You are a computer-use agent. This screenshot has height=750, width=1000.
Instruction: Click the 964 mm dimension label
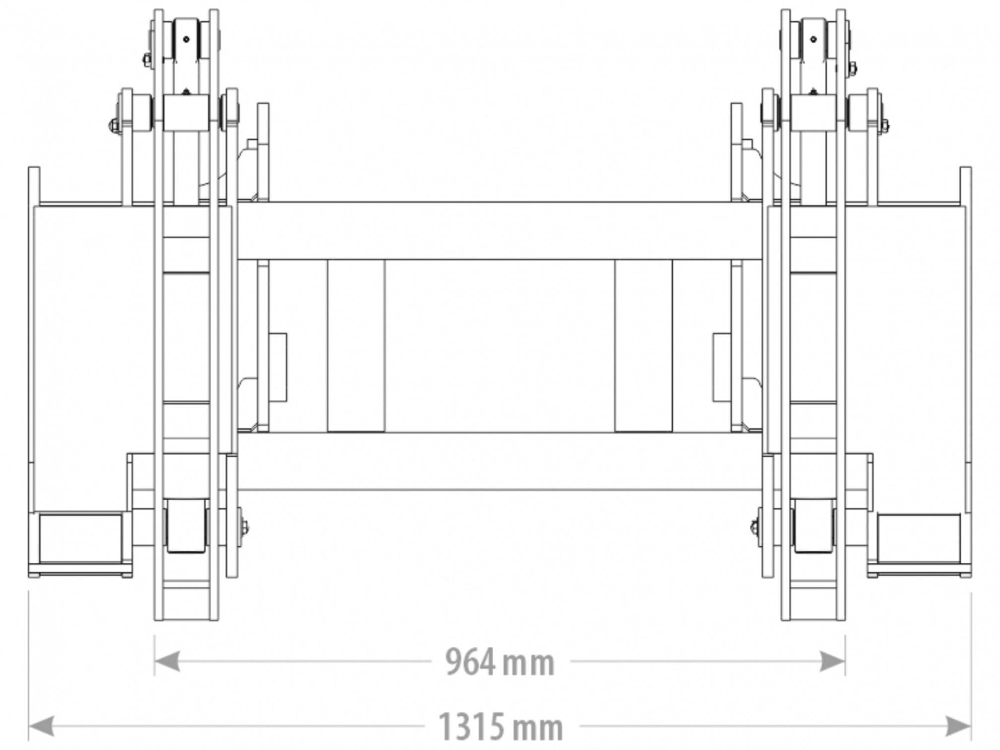500,662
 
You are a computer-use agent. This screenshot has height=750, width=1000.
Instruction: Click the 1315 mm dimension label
501,727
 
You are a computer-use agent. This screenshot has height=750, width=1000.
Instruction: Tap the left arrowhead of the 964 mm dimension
167,661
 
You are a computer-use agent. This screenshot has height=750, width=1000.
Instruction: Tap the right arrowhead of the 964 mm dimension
832,661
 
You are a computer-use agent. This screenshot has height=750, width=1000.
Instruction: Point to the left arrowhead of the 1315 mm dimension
41,726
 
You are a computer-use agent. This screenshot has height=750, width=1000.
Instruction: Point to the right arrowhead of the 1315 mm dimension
958,726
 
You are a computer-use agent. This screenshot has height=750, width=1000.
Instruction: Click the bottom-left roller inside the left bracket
186,526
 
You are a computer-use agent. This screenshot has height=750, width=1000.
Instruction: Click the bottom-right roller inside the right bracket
813,526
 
